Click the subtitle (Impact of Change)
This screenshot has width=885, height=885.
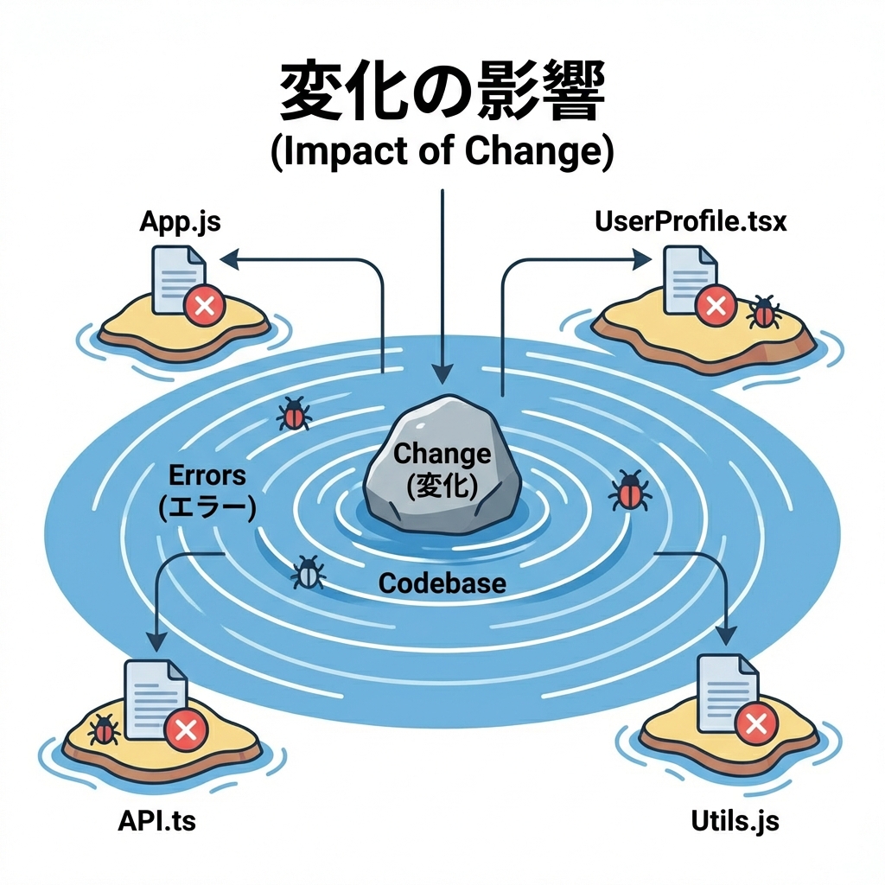[x=442, y=152]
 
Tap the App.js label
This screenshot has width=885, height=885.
[x=180, y=221]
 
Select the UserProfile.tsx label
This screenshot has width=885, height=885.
[x=691, y=221]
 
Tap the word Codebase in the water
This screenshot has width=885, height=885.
[x=442, y=583]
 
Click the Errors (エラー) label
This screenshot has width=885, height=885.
[x=207, y=490]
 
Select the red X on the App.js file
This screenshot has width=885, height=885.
[x=205, y=305]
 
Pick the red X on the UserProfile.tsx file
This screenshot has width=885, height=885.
[x=715, y=303]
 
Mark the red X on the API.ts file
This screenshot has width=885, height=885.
[x=185, y=731]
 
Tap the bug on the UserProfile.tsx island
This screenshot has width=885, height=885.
[x=763, y=312]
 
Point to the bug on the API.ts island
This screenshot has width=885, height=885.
[x=105, y=730]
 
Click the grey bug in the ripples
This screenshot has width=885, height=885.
[x=309, y=571]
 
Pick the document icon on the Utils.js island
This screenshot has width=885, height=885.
[x=724, y=691]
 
